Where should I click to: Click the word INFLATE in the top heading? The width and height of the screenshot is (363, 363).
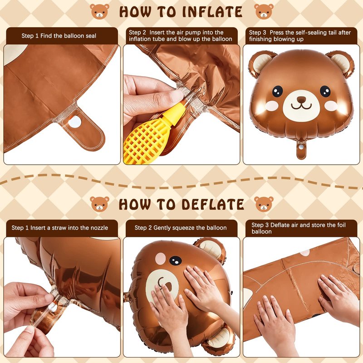click(212, 12)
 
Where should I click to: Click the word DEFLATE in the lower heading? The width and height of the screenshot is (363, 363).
click(213, 205)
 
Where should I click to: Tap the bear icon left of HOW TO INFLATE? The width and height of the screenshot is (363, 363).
click(99, 11)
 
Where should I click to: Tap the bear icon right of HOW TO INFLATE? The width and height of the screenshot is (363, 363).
click(264, 11)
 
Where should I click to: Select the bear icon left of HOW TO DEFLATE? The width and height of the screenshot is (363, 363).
click(99, 204)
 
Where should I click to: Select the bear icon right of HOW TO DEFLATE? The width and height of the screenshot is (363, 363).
click(264, 204)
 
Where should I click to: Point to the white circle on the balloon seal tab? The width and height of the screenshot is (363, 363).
click(75, 122)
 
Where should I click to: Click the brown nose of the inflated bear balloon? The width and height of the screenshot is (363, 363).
click(301, 100)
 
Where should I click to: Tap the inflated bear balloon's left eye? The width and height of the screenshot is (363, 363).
click(277, 91)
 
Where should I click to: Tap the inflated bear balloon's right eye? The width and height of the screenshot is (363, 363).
click(325, 91)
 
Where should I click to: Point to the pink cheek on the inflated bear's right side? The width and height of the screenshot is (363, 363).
click(331, 106)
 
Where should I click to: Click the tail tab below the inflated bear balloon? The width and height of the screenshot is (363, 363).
click(301, 149)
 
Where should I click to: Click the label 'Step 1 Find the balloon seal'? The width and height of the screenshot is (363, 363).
click(59, 36)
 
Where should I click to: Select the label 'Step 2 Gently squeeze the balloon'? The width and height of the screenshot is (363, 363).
click(181, 228)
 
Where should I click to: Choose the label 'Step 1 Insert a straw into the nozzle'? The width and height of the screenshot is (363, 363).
click(60, 228)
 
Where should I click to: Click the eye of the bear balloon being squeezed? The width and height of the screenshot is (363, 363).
click(176, 260)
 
